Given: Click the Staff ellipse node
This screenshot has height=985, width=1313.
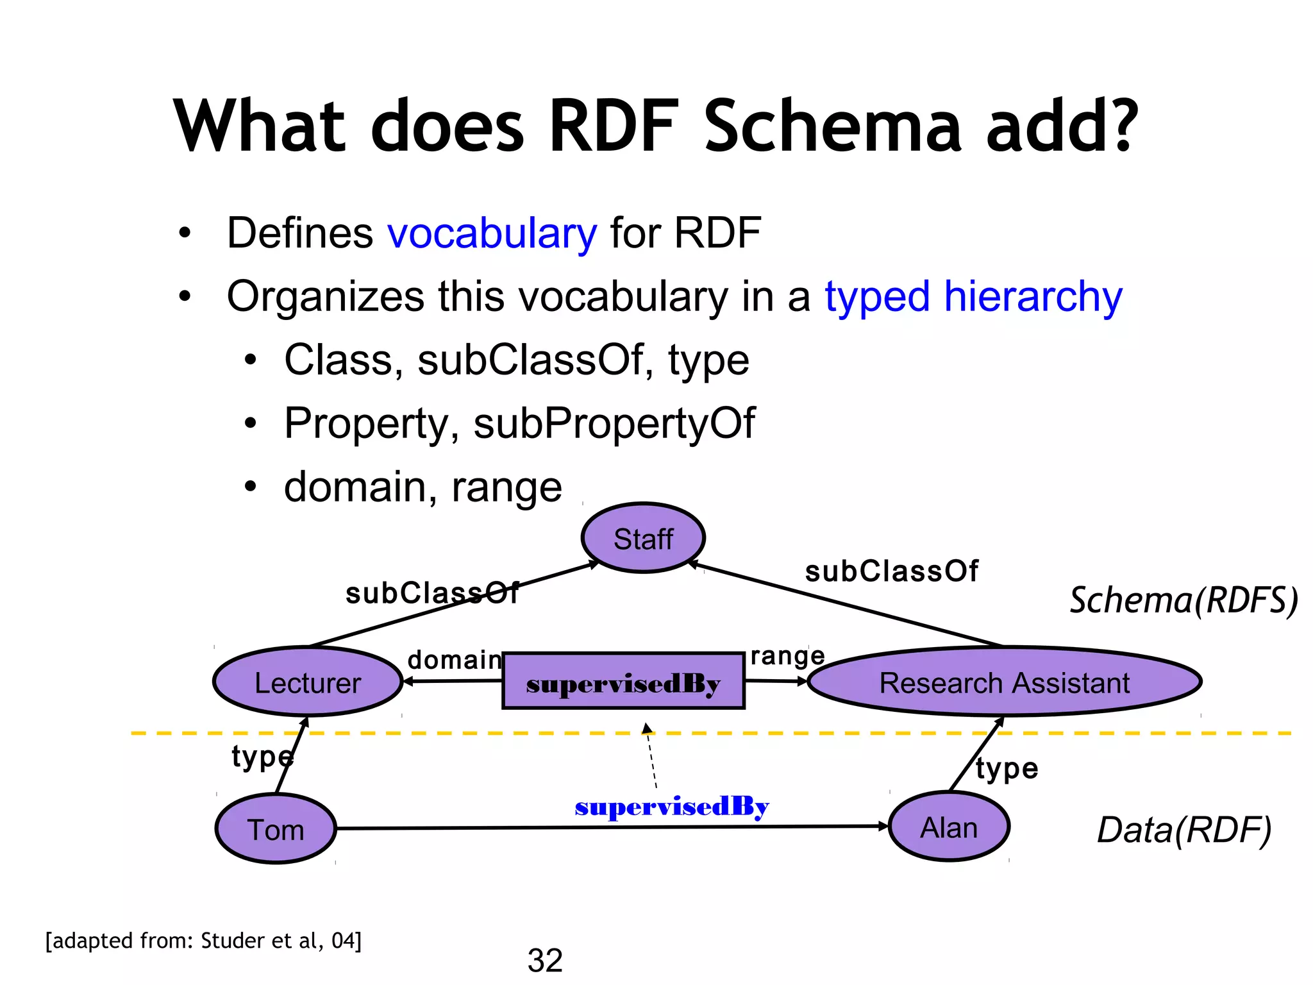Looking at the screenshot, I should [x=643, y=538].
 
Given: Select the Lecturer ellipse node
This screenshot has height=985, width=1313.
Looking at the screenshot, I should [x=308, y=682].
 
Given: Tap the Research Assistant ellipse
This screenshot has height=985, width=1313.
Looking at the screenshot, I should [x=1004, y=682].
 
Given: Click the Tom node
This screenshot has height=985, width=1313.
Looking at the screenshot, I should [x=276, y=829].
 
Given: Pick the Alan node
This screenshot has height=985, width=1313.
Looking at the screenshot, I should [x=949, y=827].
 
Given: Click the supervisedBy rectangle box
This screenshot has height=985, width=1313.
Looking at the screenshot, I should [x=623, y=682].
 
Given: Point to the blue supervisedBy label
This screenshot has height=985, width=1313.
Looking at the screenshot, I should [x=671, y=806].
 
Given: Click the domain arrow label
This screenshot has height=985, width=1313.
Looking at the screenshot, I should [x=455, y=659].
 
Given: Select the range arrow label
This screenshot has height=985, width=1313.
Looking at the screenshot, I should [x=787, y=656].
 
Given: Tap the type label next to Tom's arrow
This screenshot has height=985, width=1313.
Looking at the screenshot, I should [x=262, y=757].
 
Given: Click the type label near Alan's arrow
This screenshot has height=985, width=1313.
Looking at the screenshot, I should [x=1007, y=768].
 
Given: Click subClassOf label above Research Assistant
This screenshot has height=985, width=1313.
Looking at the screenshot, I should [x=891, y=571].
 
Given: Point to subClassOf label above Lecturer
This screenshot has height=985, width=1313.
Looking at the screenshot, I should [x=432, y=593].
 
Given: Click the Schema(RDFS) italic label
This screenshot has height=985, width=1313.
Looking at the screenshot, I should [x=1183, y=600].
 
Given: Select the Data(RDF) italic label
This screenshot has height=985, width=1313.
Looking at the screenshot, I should [x=1183, y=830].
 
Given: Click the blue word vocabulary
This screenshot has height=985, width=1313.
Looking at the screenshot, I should [x=492, y=233].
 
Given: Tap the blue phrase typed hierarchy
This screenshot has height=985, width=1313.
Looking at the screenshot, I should [x=973, y=297].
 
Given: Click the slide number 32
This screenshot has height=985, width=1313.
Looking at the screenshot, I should [x=545, y=960].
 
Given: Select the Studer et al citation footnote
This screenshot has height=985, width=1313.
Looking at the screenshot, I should [x=203, y=940].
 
